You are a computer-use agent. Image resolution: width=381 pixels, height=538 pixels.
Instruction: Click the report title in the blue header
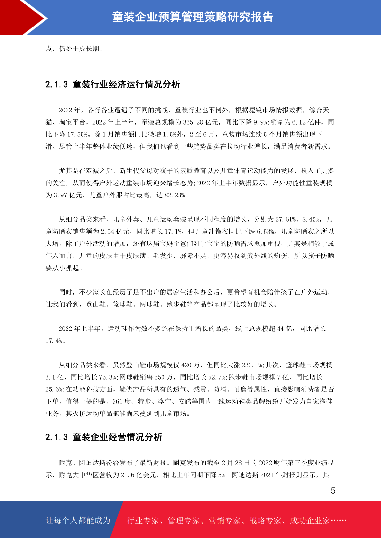click(x=193, y=17)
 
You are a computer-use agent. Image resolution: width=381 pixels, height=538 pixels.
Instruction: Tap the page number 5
click(x=333, y=491)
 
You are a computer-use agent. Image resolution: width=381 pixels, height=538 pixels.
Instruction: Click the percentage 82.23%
click(x=174, y=195)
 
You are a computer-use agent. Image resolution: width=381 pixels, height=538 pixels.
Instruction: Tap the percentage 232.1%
click(x=252, y=365)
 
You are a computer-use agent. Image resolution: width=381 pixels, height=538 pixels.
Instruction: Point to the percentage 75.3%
click(x=108, y=377)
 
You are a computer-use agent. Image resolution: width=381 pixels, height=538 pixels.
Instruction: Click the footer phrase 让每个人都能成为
click(x=78, y=520)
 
